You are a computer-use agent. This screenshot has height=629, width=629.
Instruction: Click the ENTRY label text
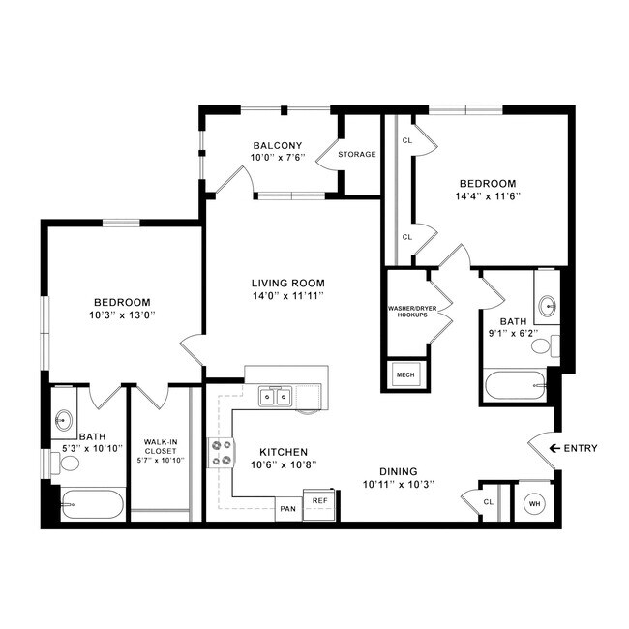[x=580, y=448]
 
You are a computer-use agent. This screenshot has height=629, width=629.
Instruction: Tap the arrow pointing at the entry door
[x=554, y=448]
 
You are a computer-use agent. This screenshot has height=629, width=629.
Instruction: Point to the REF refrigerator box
[x=318, y=500]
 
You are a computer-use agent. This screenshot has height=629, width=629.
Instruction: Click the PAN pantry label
[x=287, y=508]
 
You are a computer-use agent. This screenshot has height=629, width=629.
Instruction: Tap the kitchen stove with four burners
[x=222, y=453]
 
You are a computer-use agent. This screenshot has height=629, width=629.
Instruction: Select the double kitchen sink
[x=275, y=396]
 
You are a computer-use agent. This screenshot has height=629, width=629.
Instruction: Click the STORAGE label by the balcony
[x=357, y=154]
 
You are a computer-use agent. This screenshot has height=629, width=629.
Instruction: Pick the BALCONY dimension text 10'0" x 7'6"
[x=278, y=159]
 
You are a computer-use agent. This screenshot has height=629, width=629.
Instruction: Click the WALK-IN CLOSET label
[x=161, y=444]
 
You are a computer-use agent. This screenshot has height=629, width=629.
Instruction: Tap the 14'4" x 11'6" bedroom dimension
[x=488, y=195]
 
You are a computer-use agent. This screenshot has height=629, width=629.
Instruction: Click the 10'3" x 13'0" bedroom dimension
[x=122, y=314]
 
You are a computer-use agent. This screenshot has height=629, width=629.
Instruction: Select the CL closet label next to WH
[x=489, y=501]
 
